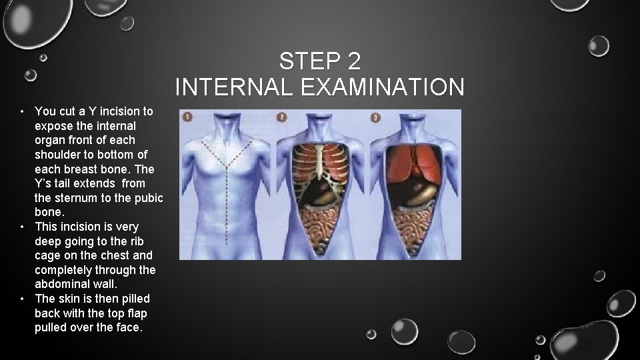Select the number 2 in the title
tap(353, 62)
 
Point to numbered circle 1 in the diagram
tap(188, 117)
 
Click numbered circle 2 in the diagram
tap(282, 117)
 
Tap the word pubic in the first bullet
tap(149, 197)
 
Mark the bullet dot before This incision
tap(23, 227)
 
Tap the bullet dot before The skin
tap(23, 299)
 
